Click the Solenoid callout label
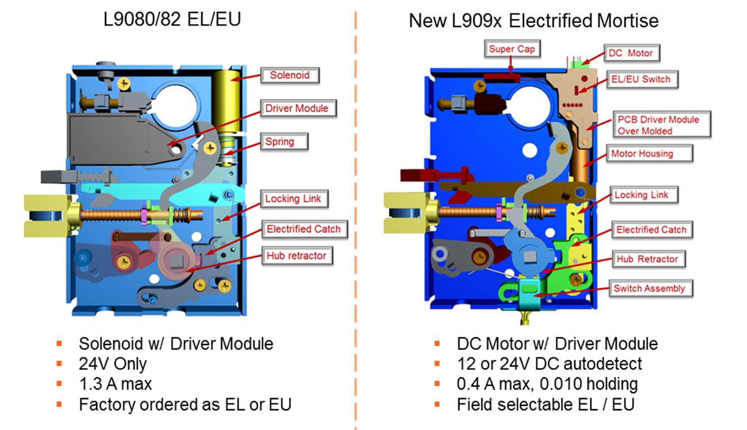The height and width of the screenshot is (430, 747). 290,75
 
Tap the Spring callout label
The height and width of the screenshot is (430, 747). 280,141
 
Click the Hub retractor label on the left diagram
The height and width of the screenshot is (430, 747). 295,256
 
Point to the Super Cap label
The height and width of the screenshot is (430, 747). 512,49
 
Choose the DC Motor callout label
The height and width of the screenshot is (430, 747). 631,53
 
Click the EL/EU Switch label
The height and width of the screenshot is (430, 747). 641,79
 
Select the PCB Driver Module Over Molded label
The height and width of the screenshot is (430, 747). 658,125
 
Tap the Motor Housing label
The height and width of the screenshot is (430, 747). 642,153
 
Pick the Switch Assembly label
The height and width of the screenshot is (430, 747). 649,288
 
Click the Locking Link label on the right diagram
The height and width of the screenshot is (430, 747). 641,194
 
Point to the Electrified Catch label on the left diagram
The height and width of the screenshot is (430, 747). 303,229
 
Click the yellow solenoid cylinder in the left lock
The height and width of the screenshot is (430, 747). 229,101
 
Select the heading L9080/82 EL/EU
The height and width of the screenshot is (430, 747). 172,20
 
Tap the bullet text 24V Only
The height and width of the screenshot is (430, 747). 112,364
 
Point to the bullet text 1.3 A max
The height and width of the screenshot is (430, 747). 115,384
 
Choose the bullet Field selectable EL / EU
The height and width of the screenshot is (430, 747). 545,404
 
